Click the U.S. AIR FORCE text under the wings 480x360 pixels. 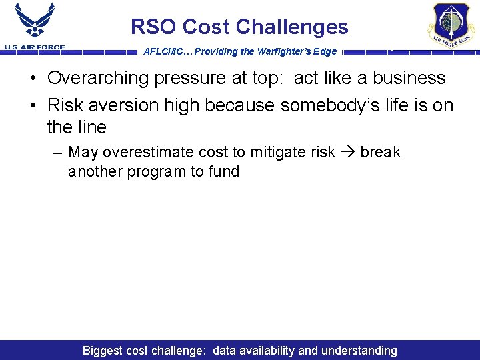point(34,47)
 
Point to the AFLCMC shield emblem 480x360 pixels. point(452,24)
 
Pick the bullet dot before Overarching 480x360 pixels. point(33,79)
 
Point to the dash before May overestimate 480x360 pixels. point(58,152)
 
